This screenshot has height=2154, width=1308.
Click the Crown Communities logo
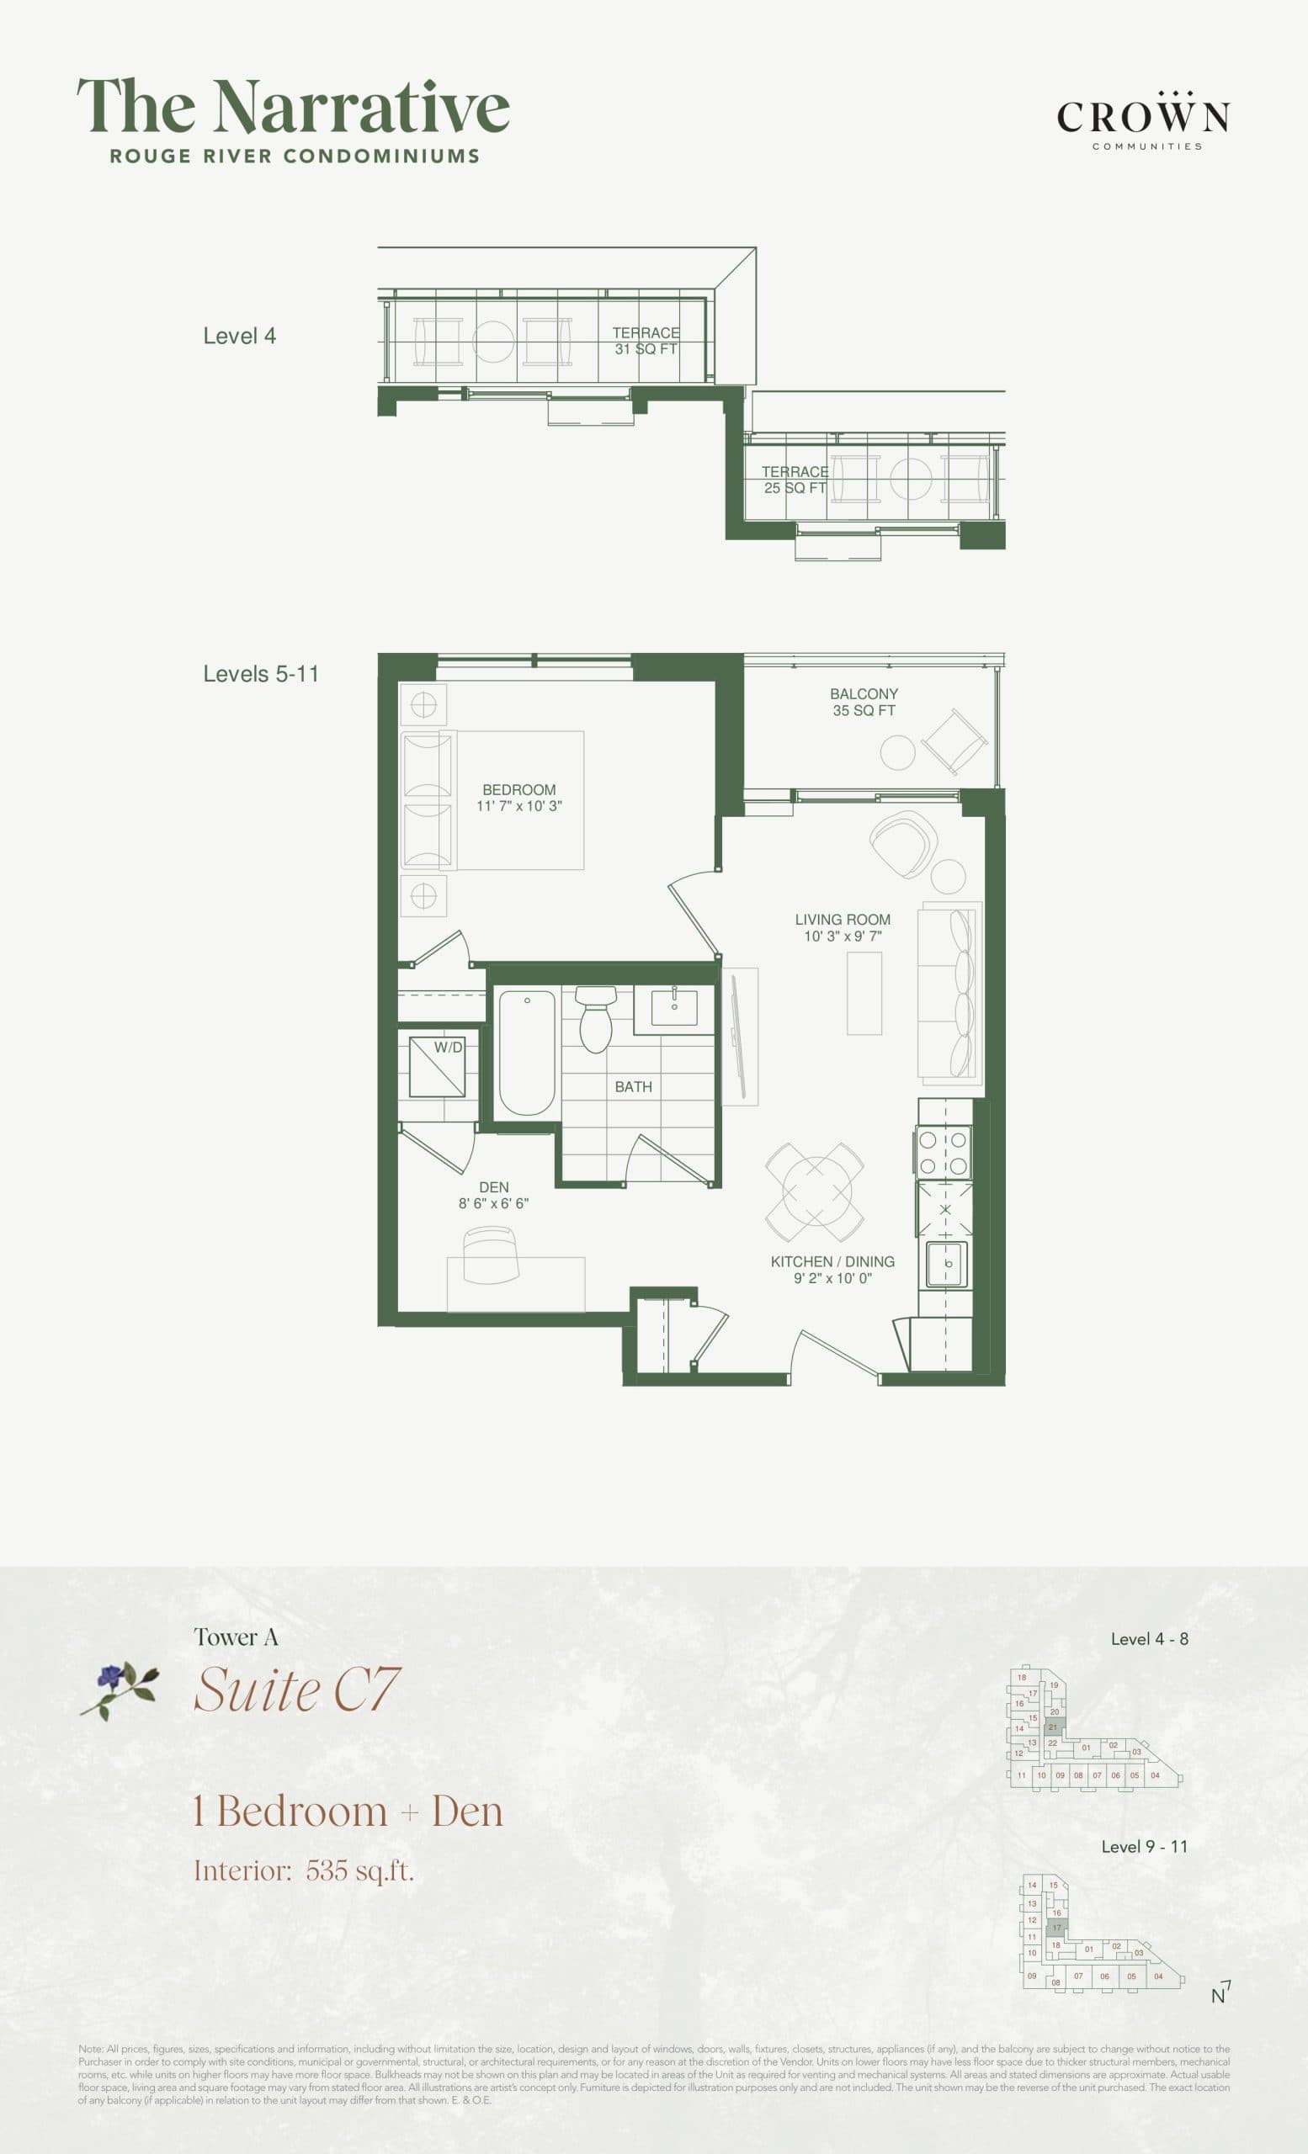coord(1144,119)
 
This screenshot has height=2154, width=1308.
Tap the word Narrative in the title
coord(362,107)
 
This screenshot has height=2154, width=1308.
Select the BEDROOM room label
coord(518,789)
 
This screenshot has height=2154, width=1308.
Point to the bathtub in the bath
coord(526,1052)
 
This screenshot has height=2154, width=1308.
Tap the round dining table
coord(816,1191)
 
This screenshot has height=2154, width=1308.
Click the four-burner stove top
coord(944,1152)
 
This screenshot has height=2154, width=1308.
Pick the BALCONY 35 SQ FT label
coord(864,702)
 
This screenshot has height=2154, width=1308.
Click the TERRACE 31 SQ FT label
coord(646,341)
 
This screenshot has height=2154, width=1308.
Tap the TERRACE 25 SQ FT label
coord(794,480)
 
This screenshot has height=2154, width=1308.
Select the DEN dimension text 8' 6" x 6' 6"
coord(493,1204)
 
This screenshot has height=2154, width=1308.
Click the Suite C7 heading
coord(296,1690)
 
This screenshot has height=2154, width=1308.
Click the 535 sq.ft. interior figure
coord(359,1870)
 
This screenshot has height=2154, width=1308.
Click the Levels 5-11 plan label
coord(261,674)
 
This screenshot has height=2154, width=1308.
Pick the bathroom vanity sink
coord(674,1007)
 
